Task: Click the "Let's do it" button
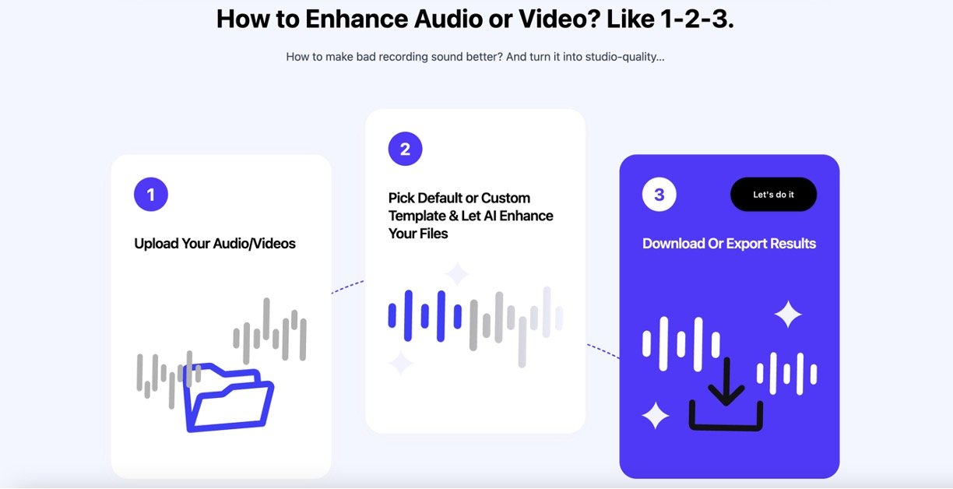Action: pyautogui.click(x=773, y=195)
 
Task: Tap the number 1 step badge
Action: pyautogui.click(x=151, y=195)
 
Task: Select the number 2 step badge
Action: pyautogui.click(x=405, y=149)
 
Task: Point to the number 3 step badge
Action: pyautogui.click(x=659, y=195)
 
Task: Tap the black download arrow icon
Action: pyautogui.click(x=726, y=394)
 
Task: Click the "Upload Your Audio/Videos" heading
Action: pyautogui.click(x=215, y=244)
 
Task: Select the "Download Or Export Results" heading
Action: pyautogui.click(x=730, y=244)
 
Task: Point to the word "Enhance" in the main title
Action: pyautogui.click(x=357, y=19)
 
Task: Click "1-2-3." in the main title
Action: pyautogui.click(x=698, y=19)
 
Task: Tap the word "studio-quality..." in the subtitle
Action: pyautogui.click(x=625, y=57)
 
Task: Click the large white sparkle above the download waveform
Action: pyautogui.click(x=788, y=314)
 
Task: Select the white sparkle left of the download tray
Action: pyautogui.click(x=656, y=415)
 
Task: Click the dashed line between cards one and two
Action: pyautogui.click(x=347, y=287)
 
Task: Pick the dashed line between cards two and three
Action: pyautogui.click(x=603, y=351)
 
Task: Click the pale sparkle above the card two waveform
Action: pyautogui.click(x=457, y=273)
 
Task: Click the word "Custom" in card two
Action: pyautogui.click(x=506, y=199)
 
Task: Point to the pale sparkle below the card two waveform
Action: pyautogui.click(x=401, y=363)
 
